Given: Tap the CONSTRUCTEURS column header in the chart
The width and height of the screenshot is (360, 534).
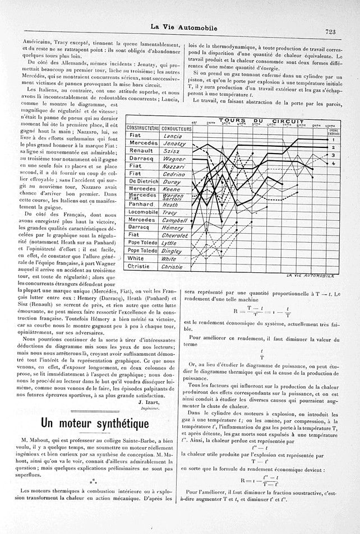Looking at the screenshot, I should pos(141,128).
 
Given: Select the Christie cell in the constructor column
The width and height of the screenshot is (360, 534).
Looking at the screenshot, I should pos(139,267).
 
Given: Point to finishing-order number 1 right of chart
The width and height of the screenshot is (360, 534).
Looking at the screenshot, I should pos(333,139).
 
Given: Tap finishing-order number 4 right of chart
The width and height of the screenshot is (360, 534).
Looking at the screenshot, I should pos(333,163).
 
